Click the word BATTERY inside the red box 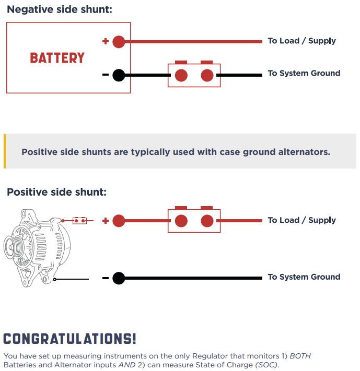click(57, 58)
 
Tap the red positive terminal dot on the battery click(119, 42)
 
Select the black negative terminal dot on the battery click(119, 75)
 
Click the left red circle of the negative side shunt click(181, 76)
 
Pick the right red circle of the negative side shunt click(207, 76)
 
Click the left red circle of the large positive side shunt click(181, 221)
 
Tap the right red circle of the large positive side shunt click(207, 221)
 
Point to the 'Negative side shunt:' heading click(60, 10)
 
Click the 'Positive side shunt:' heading click(56, 192)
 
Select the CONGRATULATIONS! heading click(69, 339)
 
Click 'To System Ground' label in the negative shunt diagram click(304, 73)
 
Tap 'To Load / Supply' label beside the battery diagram click(301, 41)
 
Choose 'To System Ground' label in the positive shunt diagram click(304, 277)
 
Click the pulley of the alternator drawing click(11, 247)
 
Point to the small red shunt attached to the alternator click(79, 221)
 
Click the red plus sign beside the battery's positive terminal click(106, 41)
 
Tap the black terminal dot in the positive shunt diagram click(119, 278)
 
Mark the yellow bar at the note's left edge click(5, 151)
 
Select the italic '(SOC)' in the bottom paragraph click(266, 365)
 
